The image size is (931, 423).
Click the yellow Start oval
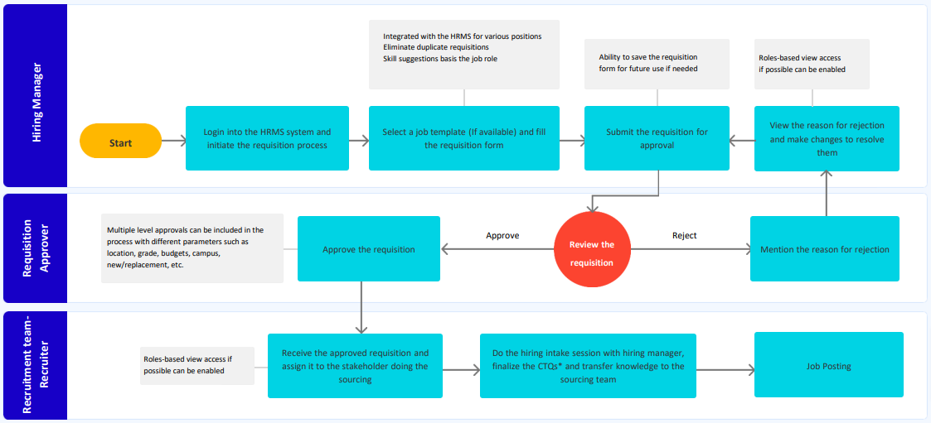(120, 142)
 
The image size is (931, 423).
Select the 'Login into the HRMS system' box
(267, 138)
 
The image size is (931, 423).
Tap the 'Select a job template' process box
(463, 138)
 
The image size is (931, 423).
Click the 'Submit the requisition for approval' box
(657, 138)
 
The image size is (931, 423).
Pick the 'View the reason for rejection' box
(827, 138)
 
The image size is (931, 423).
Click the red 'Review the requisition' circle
(591, 249)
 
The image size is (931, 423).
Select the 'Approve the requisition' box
(369, 248)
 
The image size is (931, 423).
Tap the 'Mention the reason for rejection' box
(824, 248)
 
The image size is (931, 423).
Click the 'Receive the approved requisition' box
(355, 366)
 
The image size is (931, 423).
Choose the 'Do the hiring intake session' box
(588, 366)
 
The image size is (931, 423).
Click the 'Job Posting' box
(828, 365)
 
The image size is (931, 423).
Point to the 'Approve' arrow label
(502, 236)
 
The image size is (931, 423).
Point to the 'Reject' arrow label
(684, 236)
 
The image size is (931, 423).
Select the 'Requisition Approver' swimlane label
(35, 248)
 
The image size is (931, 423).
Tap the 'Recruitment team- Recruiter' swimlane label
(35, 365)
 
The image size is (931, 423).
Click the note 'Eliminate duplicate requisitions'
(435, 47)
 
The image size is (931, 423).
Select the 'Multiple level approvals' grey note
(192, 248)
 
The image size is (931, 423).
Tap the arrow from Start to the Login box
(172, 142)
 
